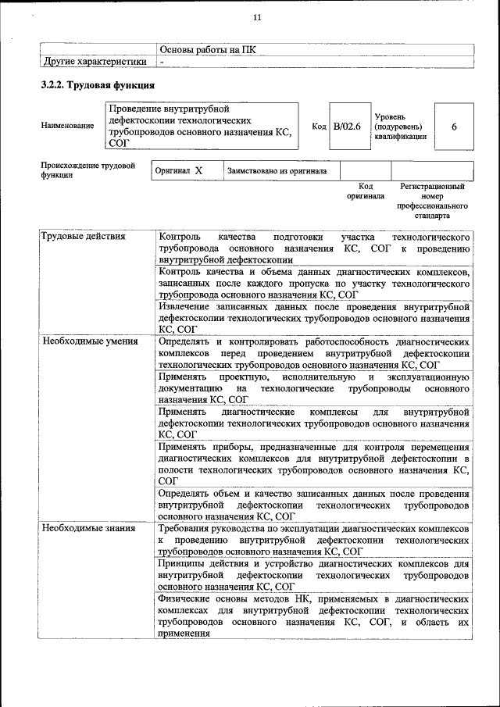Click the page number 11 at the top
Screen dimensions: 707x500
click(x=257, y=19)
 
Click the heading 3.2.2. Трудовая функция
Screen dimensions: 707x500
click(x=98, y=84)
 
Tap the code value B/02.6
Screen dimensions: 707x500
click(x=346, y=125)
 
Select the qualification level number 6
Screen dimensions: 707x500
click(x=453, y=125)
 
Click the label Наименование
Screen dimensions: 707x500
click(x=67, y=126)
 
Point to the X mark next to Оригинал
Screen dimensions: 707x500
click(x=198, y=170)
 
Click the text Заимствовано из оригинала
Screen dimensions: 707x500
click(x=277, y=170)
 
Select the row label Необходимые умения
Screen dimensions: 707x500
click(x=90, y=341)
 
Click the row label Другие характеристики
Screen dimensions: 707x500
click(x=95, y=61)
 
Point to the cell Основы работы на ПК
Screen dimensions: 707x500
click(x=207, y=50)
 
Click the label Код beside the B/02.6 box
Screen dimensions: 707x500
click(x=319, y=126)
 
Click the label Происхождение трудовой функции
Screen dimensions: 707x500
click(x=87, y=170)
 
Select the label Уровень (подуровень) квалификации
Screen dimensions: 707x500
click(x=400, y=126)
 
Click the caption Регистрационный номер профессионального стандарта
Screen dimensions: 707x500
click(x=432, y=201)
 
